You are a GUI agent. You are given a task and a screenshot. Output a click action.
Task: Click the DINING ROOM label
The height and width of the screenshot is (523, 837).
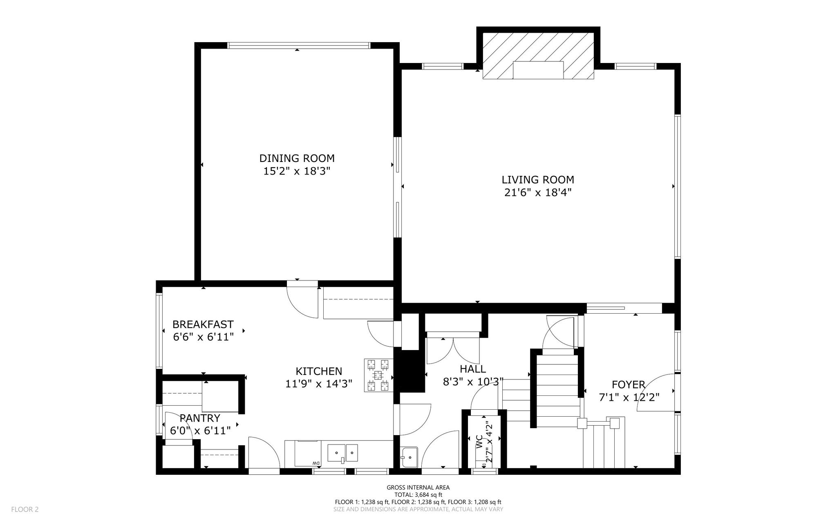tap(297, 158)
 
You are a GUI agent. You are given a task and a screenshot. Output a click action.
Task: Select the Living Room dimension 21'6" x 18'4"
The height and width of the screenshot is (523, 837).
tap(538, 193)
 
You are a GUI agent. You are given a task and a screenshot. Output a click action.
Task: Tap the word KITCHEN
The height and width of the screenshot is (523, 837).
tap(319, 371)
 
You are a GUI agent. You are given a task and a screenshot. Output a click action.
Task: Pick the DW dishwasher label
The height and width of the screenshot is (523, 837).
tap(316, 463)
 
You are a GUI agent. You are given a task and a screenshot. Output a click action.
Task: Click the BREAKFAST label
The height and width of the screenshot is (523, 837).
tap(203, 325)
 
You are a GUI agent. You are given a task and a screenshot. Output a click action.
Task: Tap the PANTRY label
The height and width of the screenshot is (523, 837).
tap(200, 418)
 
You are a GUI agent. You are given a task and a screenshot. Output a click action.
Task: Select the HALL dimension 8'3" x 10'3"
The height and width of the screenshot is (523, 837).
tap(473, 382)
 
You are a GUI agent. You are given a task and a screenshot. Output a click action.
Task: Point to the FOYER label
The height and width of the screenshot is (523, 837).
tap(629, 385)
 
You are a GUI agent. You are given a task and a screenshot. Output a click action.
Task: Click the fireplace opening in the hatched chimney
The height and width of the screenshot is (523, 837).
tap(538, 70)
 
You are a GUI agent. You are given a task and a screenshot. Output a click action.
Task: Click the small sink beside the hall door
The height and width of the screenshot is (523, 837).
tap(409, 456)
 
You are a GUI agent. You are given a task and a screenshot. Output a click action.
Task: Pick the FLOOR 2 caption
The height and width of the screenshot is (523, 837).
tap(25, 510)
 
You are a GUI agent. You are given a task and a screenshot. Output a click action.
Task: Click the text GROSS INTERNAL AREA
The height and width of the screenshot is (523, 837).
tap(418, 487)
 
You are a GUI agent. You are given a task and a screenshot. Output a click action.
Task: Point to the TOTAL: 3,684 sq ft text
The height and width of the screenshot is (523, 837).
tap(418, 495)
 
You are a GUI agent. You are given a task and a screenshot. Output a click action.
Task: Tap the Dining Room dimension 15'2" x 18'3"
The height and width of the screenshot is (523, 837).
tap(297, 171)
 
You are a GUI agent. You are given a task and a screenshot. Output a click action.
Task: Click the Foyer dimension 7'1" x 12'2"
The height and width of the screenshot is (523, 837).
tap(629, 397)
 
